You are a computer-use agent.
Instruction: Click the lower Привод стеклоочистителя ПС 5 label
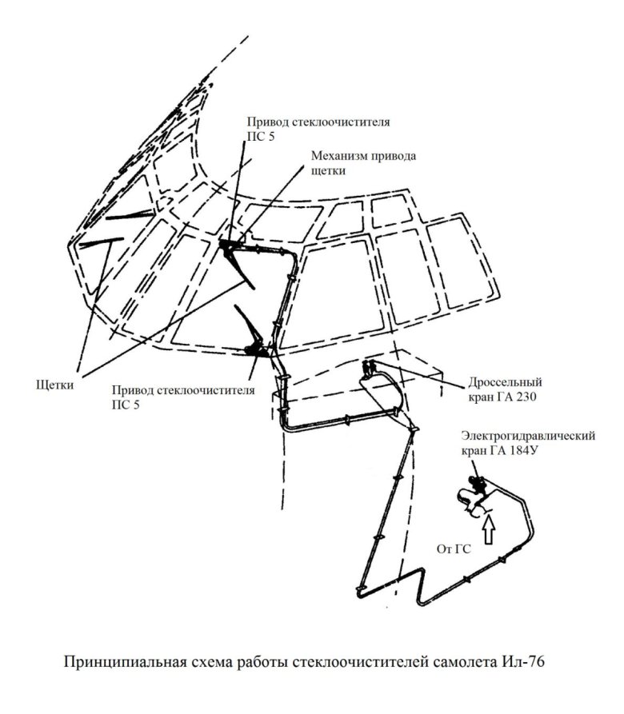pyautogui.click(x=183, y=397)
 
